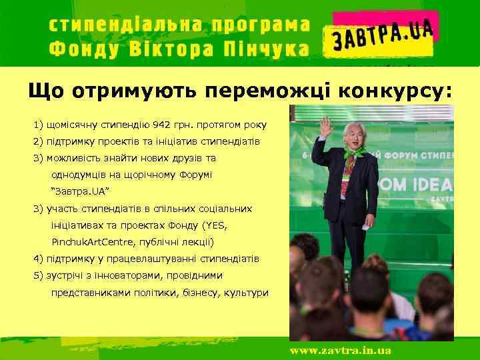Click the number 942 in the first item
pos(161,125)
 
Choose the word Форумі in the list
pos(195,175)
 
